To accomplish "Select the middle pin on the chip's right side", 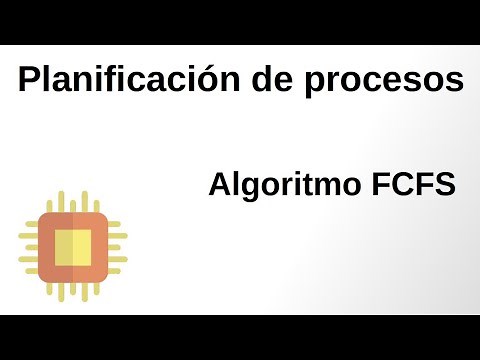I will point(117,246).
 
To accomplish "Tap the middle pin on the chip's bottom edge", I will point(72,290).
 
